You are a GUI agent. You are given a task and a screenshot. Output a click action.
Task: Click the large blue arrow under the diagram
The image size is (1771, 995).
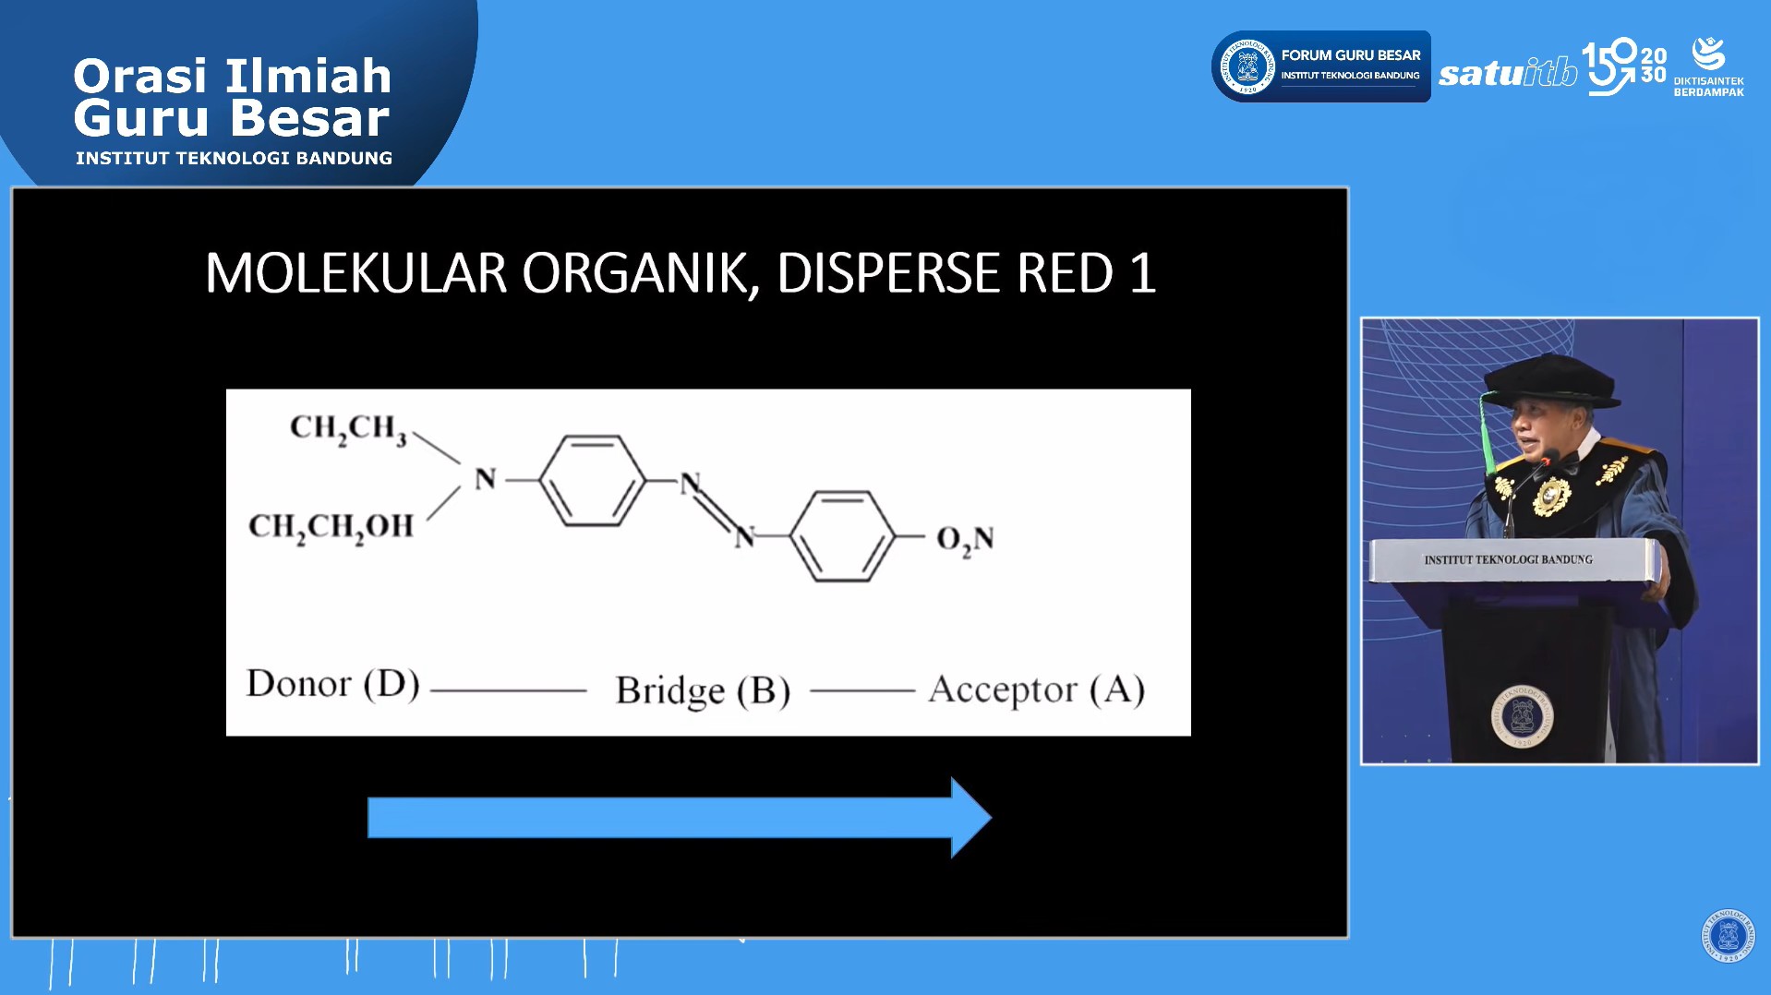pos(680,818)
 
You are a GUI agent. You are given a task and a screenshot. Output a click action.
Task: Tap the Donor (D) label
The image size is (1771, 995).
pos(333,684)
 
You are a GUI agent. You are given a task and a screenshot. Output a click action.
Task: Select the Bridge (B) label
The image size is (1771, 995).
pos(703,690)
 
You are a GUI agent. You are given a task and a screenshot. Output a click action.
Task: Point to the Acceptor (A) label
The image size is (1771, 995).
pos(1037,689)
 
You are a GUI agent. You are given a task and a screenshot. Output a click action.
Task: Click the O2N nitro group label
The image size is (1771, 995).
pos(965,539)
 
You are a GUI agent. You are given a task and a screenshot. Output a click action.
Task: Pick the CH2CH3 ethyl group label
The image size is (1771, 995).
pos(348,428)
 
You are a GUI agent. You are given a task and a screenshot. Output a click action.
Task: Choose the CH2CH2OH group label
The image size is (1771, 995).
pos(331,527)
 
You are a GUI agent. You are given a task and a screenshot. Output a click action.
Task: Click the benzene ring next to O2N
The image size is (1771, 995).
pos(843,536)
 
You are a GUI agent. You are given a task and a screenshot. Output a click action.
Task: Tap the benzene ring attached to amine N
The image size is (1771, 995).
pos(592,481)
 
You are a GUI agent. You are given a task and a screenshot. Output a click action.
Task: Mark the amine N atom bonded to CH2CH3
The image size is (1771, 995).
pos(486,479)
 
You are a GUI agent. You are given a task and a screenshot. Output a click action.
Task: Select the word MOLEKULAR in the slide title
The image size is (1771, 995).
pos(355,273)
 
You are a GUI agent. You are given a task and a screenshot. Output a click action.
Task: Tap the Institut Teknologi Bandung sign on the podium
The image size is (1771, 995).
pos(1508,559)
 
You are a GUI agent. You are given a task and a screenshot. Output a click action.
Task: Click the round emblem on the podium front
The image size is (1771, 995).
pos(1522,716)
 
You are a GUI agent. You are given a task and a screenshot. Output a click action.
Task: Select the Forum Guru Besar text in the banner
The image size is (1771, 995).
pos(1351,55)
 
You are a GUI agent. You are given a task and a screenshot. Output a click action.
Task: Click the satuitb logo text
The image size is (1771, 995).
pos(1508,72)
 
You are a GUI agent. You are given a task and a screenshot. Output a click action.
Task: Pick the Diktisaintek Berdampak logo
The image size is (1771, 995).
pos(1708,66)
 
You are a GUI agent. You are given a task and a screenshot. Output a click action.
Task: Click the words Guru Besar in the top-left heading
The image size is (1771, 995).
pos(232,118)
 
